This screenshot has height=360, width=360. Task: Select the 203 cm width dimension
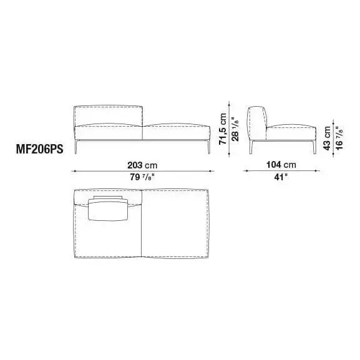click(x=142, y=165)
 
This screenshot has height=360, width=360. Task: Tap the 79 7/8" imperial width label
click(x=142, y=177)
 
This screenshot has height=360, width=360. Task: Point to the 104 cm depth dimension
click(x=280, y=165)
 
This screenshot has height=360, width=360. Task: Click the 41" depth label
click(x=280, y=177)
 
